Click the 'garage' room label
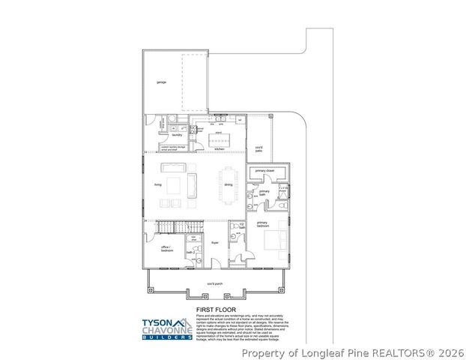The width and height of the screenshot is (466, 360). point(161,82)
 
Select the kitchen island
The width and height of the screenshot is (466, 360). point(219,139)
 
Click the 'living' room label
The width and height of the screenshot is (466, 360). point(158,184)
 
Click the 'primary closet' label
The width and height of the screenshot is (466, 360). point(264,171)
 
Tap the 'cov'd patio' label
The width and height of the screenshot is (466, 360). point(258,148)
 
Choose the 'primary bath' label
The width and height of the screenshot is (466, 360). point(264,193)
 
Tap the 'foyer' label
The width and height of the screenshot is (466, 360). point(214,244)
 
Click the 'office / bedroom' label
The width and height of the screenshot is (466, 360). point(166,248)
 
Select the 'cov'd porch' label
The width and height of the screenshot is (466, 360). point(215,283)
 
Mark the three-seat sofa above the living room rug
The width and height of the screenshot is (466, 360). point(192,181)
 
